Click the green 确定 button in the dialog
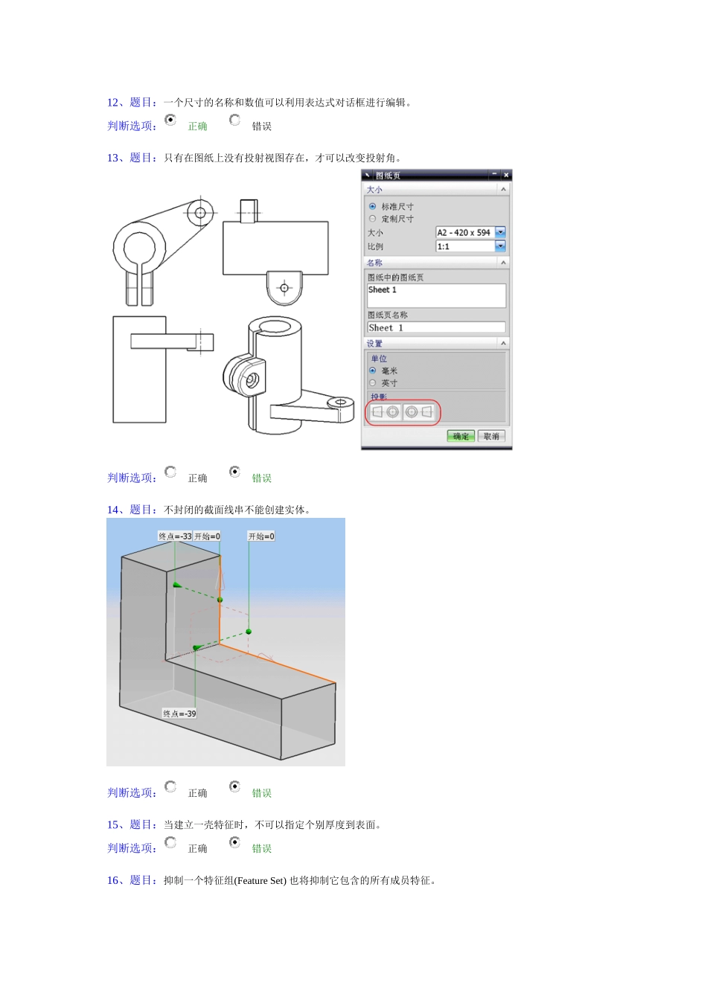(x=461, y=436)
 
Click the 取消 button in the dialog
(x=491, y=436)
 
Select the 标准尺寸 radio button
(x=373, y=207)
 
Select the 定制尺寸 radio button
(x=373, y=219)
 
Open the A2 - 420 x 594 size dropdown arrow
(x=500, y=232)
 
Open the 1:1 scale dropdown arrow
(x=500, y=246)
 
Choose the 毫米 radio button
(x=373, y=371)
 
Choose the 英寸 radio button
(x=373, y=382)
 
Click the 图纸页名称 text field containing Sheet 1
(x=436, y=327)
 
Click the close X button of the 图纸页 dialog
(x=506, y=175)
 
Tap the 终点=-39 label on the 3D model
(x=179, y=714)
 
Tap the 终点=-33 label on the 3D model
(x=175, y=536)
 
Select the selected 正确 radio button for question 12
(x=170, y=120)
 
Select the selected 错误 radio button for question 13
(x=234, y=472)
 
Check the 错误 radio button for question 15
(x=234, y=842)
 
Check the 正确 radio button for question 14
(x=170, y=786)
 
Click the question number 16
(x=112, y=880)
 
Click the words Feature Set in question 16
(x=260, y=881)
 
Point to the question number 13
(x=112, y=158)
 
